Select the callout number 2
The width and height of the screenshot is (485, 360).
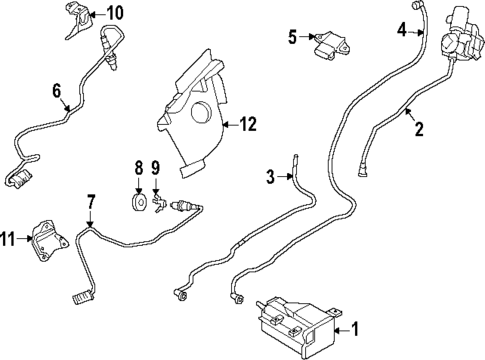click(419, 127)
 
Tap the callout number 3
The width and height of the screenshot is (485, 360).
click(269, 178)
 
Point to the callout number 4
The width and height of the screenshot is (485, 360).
click(402, 31)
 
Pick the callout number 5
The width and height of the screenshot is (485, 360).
click(292, 37)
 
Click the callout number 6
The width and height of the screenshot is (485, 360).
click(57, 92)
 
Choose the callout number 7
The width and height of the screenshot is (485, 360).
click(90, 202)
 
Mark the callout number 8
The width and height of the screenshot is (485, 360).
click(139, 167)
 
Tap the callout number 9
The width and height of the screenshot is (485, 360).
click(156, 167)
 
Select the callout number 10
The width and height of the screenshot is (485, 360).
click(116, 13)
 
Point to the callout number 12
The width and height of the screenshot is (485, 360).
click(248, 124)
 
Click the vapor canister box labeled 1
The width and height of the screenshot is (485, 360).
click(296, 318)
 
